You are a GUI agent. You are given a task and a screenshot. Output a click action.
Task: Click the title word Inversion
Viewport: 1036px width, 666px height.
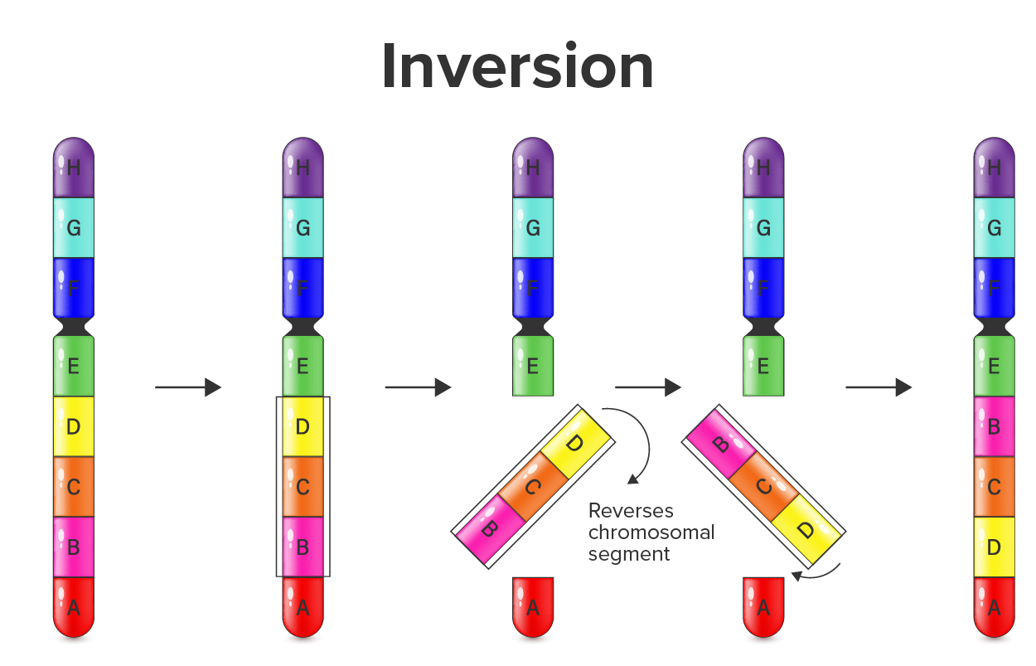click(517, 67)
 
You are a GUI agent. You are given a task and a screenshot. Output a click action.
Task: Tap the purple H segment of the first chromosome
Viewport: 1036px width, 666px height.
click(74, 168)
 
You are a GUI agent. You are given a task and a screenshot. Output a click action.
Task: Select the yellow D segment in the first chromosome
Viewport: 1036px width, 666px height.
click(74, 427)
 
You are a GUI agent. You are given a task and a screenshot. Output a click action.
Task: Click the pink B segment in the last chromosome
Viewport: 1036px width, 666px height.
click(994, 427)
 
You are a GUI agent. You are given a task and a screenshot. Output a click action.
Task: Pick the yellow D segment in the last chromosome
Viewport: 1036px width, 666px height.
click(994, 547)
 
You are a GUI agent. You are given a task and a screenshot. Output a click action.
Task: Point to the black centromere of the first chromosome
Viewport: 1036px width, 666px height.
click(74, 326)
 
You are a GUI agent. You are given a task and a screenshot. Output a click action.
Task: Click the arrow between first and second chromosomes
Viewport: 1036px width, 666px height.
click(188, 387)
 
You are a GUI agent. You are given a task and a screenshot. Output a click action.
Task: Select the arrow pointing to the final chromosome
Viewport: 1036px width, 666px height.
click(879, 387)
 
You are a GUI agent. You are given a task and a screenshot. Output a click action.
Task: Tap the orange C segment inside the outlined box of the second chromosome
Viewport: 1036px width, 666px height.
click(303, 487)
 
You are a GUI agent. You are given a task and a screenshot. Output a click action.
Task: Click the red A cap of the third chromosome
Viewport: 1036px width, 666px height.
click(533, 607)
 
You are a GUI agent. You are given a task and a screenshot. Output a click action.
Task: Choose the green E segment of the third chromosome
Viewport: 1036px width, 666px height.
click(533, 366)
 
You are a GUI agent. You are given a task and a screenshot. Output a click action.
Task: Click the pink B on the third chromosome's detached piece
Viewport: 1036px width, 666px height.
click(489, 527)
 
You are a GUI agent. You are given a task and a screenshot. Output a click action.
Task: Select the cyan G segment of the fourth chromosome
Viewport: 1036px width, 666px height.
click(763, 227)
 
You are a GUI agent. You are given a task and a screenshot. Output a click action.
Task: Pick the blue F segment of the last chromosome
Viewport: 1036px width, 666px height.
click(994, 288)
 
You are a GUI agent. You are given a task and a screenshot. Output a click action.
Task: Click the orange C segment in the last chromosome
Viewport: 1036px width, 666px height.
click(994, 487)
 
